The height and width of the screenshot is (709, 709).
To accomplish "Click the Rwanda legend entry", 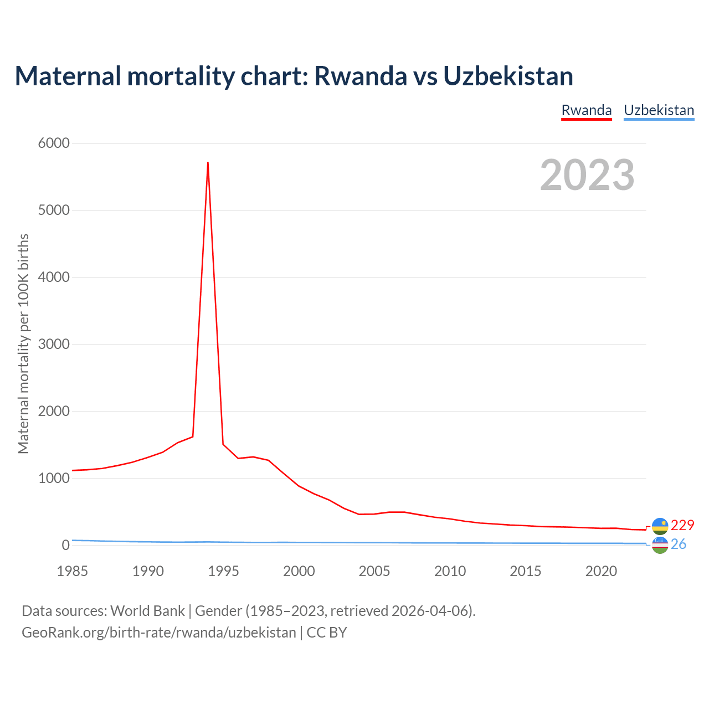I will point(587,110).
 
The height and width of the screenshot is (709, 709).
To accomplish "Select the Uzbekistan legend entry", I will point(659,110).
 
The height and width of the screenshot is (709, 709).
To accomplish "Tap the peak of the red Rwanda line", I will point(208,162).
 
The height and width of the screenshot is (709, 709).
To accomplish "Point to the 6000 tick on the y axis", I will point(54,143).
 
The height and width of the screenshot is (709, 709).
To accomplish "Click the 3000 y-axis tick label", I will point(54,345).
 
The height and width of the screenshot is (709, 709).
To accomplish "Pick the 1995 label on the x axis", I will point(223,571).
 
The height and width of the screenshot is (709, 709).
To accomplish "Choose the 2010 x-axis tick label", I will point(450,571).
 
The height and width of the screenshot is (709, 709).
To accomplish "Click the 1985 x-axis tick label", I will point(72,571).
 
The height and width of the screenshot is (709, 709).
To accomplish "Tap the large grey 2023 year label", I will point(587,175).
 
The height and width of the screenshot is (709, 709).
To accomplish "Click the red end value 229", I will point(682,525).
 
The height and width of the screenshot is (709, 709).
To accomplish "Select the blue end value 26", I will point(679,544).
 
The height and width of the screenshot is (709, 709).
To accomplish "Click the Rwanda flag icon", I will point(660,526).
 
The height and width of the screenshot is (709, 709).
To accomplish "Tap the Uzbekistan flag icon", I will point(660,545).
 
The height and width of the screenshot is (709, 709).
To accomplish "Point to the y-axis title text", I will point(23,344).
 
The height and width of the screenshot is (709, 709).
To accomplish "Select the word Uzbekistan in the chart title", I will point(508,76).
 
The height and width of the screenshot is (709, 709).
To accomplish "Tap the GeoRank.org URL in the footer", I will point(159,633).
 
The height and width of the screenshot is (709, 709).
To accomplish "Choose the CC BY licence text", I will point(327,633).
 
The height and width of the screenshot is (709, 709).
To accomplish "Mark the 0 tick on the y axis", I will point(66,546).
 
